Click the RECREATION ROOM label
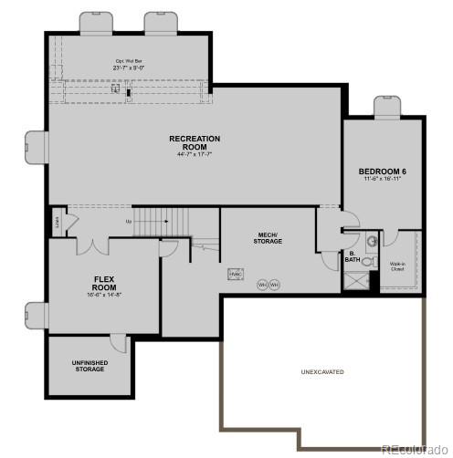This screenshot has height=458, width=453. (195, 142)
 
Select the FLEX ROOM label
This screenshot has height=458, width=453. (104, 281)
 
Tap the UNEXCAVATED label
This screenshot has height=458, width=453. (321, 372)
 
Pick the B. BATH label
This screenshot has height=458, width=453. (352, 257)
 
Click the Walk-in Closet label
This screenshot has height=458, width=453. (397, 266)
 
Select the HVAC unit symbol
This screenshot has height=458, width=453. (235, 273)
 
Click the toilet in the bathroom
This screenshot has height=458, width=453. (367, 261)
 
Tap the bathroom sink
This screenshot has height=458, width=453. (372, 241)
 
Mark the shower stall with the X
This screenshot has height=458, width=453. (355, 279)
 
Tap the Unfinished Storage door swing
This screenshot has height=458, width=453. (119, 343)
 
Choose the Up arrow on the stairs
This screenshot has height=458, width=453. (131, 221)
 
